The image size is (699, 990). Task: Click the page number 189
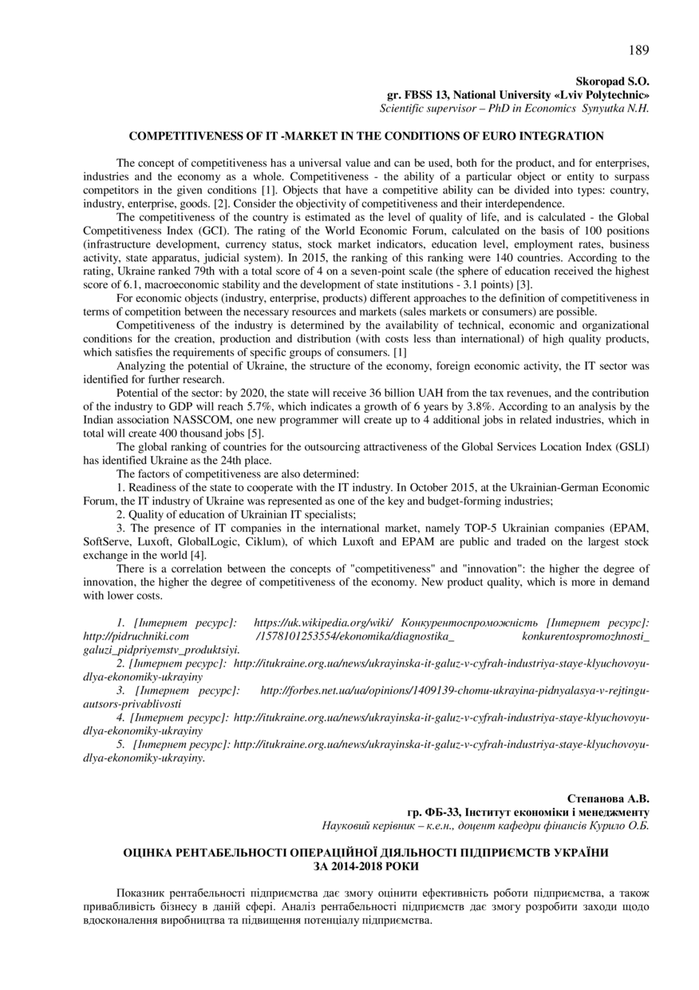[638, 51]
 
